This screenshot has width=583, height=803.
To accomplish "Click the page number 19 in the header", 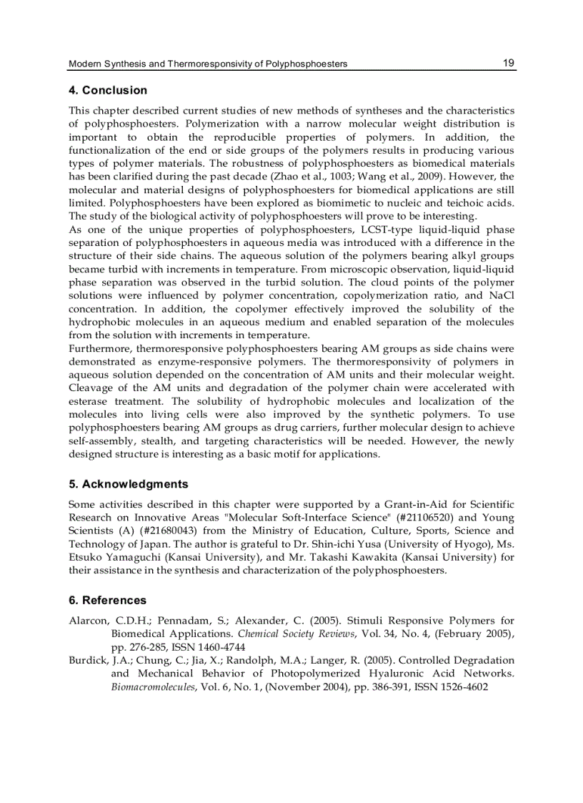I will [508, 63].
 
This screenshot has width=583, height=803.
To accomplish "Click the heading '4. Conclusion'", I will [107, 91].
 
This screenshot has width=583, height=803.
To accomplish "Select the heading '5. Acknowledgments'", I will [128, 484].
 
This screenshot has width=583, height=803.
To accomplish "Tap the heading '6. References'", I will [107, 601].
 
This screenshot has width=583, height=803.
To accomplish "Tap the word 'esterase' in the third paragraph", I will [89, 401].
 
